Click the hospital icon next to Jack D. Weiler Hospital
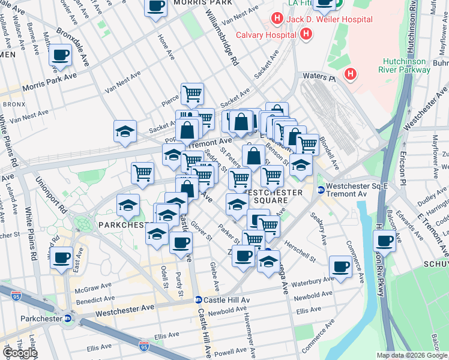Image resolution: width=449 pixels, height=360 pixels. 276,19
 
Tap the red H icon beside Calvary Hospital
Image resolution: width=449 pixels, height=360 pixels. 306,34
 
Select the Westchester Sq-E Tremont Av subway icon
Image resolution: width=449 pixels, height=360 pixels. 321,190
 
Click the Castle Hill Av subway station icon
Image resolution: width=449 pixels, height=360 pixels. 197,300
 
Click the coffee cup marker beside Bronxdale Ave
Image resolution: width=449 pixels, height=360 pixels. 60,55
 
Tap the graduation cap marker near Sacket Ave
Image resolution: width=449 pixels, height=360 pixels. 125,131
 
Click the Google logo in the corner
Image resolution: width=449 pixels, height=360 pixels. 20,353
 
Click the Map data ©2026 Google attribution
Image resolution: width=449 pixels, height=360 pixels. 411,355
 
